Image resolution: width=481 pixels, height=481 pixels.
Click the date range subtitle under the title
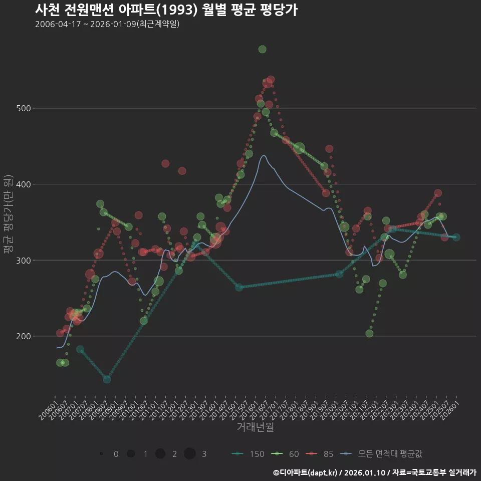tap(107, 25)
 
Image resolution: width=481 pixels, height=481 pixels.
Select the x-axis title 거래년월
tap(255, 427)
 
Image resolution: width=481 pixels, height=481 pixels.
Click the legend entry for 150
tap(249, 454)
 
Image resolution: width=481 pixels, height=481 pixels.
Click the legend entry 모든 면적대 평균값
tap(381, 454)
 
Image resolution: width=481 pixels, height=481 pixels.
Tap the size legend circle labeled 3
tap(189, 454)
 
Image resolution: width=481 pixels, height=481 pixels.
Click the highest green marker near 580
tap(262, 49)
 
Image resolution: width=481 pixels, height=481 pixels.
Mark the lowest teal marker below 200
tap(107, 379)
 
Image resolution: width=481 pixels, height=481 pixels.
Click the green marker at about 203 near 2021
tap(369, 334)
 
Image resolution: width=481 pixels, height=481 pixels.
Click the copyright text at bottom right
tap(374, 472)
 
